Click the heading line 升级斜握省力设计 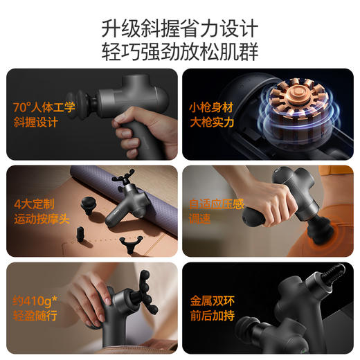[179, 28]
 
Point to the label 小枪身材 [210, 108]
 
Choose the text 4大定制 [33, 204]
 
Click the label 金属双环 [210, 302]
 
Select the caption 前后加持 [210, 317]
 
